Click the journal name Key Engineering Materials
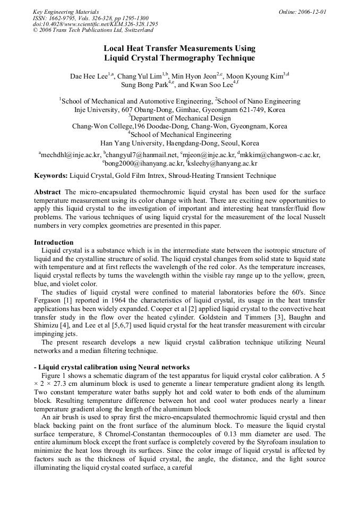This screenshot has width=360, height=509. click(x=65, y=12)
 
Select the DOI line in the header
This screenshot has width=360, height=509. click(x=95, y=24)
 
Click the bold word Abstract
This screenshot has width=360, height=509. click(x=48, y=192)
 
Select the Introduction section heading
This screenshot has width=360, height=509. click(x=54, y=242)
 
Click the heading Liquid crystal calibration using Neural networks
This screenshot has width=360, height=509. click(x=114, y=367)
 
